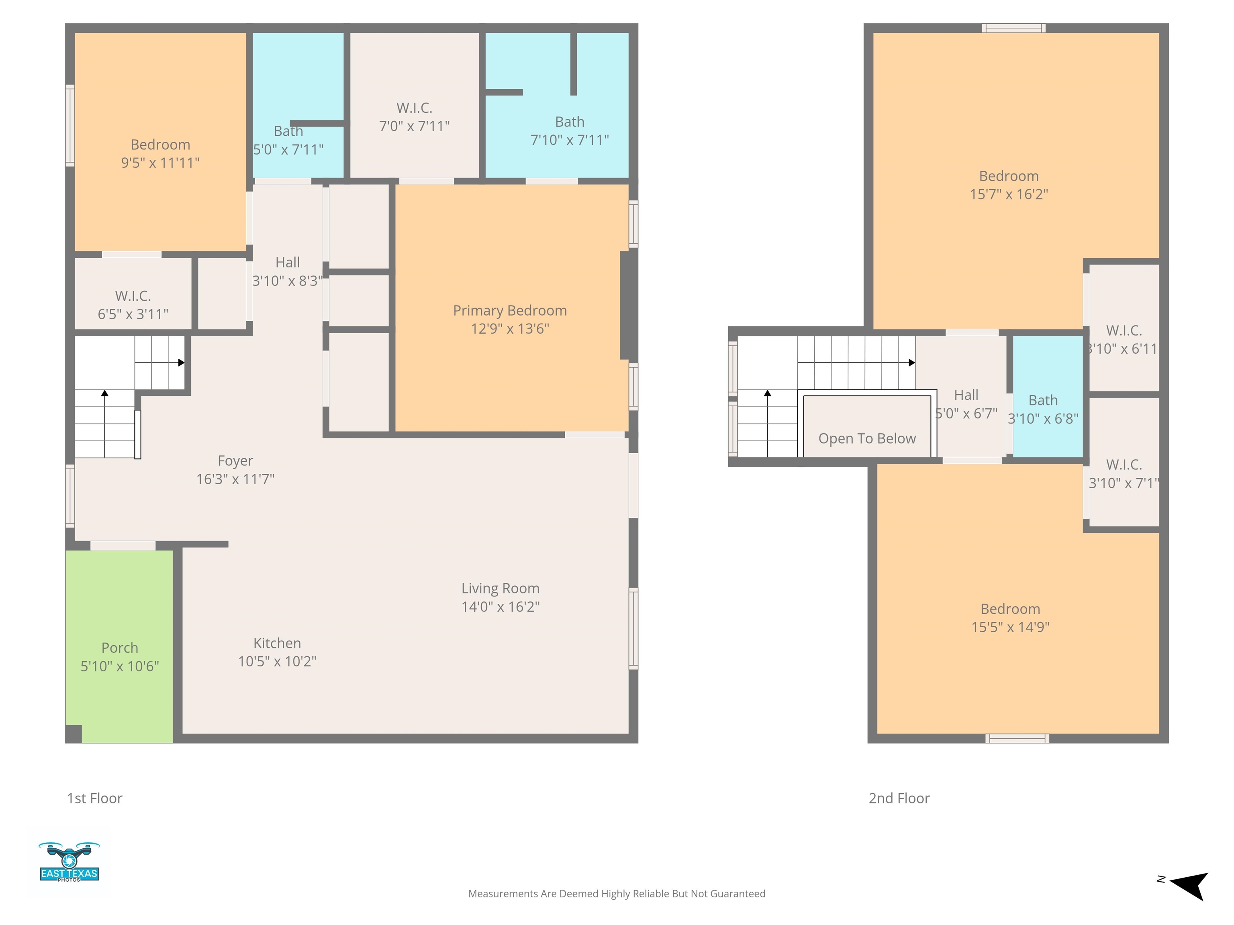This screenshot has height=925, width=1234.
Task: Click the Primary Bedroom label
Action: coord(510,311)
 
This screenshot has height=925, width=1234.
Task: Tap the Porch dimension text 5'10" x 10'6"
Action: coord(120,666)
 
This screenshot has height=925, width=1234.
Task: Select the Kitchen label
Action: coord(277,644)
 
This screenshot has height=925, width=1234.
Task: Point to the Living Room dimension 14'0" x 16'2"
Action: coord(501,607)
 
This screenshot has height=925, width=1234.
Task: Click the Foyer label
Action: coord(235,461)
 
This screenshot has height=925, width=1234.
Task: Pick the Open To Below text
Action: coord(867,439)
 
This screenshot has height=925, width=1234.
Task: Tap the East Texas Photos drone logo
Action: coord(69,862)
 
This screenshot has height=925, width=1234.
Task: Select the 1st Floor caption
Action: coord(94,799)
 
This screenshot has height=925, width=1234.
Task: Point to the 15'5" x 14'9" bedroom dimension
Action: coord(1010,627)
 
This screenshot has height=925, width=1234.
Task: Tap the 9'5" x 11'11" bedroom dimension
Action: coord(160,163)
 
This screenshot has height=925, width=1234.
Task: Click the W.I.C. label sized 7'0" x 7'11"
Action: coord(415,108)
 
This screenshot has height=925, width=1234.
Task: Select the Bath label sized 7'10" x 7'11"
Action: coord(570,122)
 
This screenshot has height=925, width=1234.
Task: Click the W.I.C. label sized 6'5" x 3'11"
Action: coord(133,295)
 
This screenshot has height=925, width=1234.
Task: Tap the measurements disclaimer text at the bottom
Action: coord(617,894)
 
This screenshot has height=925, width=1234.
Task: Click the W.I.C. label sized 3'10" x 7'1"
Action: coord(1124,465)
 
